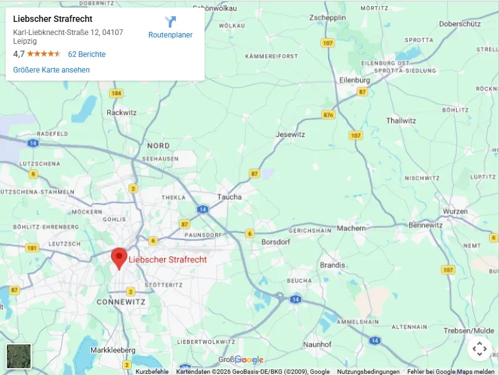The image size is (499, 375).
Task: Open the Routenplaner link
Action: (x=170, y=35)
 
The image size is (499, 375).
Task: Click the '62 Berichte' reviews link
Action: (x=87, y=54)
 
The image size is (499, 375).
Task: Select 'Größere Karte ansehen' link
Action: (x=51, y=70)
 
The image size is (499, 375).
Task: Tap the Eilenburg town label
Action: (x=355, y=80)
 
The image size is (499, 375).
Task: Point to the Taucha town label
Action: (x=229, y=197)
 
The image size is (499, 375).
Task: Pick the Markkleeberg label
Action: (x=113, y=350)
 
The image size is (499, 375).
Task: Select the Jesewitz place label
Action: (x=290, y=134)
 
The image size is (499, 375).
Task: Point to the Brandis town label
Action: (x=332, y=265)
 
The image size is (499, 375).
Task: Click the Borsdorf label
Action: (x=277, y=241)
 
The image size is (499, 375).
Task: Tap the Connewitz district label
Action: (x=121, y=301)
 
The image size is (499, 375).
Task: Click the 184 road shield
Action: (x=115, y=93)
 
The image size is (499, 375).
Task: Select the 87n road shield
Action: (x=329, y=115)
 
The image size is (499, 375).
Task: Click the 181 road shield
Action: (x=32, y=248)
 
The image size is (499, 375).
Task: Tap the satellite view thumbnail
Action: (x=19, y=356)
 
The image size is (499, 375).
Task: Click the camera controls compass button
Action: (x=479, y=349)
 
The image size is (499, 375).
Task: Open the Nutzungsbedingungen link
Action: (x=368, y=371)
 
